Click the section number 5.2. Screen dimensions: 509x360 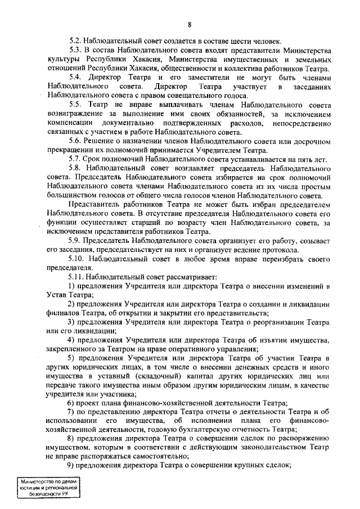pyautogui.click(x=76, y=41)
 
